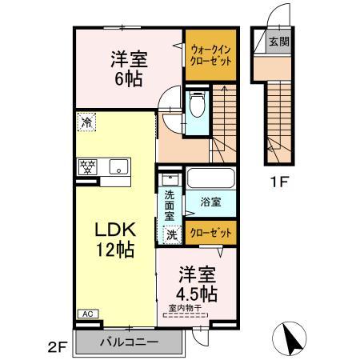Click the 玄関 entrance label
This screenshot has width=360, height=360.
tap(278, 41)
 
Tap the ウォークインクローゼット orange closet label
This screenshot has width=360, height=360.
tap(211, 54)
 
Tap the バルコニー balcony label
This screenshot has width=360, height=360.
tap(129, 342)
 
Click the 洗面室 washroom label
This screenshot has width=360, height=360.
tap(170, 206)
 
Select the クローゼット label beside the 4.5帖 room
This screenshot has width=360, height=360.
tap(212, 233)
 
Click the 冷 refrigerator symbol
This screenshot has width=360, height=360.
tap(86, 122)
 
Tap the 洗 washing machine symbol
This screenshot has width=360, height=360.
tap(170, 234)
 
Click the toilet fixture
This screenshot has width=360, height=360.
tap(197, 103)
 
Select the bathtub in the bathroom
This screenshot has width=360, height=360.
tap(211, 178)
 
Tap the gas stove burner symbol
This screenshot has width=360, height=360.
tap(86, 166)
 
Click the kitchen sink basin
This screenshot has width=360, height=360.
tap(118, 167)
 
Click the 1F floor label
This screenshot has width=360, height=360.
tap(278, 181)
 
